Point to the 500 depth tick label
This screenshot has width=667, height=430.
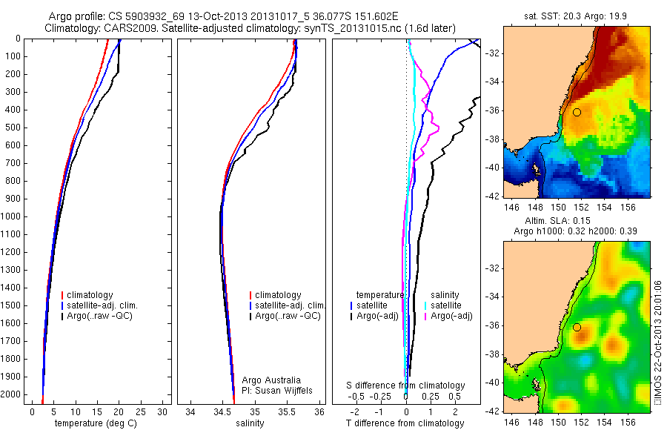[x=15, y=128]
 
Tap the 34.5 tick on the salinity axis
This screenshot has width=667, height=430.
[x=222, y=411]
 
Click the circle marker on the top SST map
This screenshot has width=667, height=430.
[x=577, y=112]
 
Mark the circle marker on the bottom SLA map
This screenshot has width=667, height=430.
[x=577, y=327]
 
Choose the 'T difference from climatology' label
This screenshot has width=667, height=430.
[x=406, y=424]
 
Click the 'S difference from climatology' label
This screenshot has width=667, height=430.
[x=406, y=386]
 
